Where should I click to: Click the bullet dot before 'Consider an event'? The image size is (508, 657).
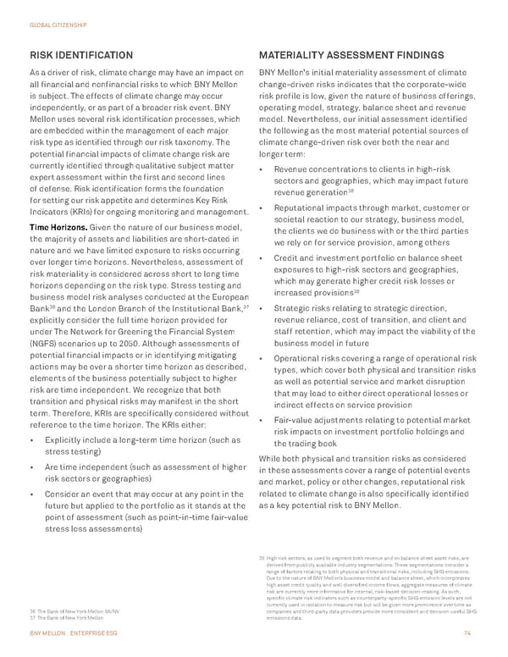coord(32,494)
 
